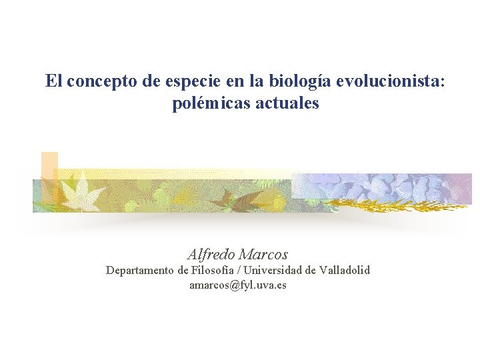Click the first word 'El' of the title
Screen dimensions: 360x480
coord(54,81)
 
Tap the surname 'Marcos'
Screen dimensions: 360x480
coord(263,254)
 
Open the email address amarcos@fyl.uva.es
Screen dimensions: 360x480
coord(238,285)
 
